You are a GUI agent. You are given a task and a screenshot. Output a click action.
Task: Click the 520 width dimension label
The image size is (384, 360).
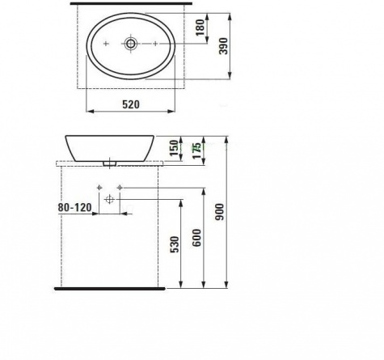click(131, 104)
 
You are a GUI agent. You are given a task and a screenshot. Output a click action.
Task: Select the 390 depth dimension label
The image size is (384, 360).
click(223, 46)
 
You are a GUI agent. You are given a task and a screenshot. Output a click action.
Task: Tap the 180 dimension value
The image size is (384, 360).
click(200, 28)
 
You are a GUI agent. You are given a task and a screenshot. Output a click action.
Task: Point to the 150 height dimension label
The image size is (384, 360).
click(174, 148)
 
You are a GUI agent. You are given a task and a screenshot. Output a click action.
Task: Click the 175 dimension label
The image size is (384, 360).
click(196, 150)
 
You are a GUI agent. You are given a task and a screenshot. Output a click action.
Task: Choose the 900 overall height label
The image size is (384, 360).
click(220, 212)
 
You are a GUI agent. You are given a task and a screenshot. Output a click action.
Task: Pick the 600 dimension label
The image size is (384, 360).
click(196, 238)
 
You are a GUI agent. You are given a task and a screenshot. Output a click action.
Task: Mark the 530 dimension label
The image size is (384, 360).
click(175, 244)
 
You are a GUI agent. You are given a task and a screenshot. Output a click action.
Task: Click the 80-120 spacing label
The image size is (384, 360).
click(74, 207)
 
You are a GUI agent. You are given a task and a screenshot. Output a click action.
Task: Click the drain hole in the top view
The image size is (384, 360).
click(131, 44)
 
